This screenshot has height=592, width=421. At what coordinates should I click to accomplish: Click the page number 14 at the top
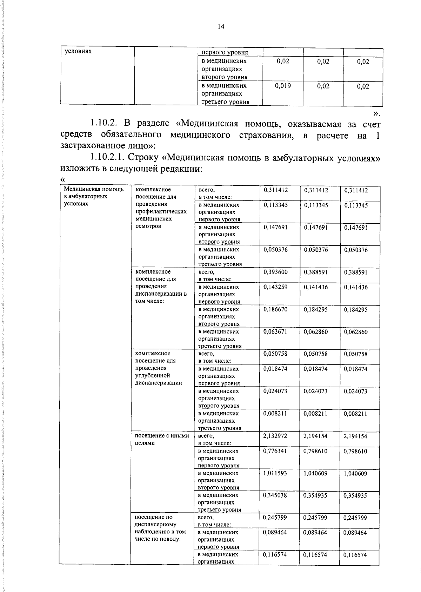221,27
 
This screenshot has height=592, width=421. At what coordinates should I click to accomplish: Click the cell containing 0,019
283,86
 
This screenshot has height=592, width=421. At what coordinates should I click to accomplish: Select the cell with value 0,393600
275,272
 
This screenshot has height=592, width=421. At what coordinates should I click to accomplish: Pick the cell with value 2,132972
275,436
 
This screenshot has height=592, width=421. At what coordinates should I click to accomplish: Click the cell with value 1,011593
275,473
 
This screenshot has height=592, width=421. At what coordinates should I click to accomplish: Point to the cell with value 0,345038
275,495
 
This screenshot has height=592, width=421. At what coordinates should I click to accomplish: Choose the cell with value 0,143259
275,287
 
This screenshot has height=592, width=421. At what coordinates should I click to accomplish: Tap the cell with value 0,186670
275,309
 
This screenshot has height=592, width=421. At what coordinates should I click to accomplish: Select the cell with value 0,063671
275,331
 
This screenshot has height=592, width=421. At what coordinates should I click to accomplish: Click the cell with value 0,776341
275,451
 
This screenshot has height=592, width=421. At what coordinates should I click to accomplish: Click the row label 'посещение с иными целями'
162,439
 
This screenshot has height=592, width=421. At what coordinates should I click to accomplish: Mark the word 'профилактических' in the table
161,211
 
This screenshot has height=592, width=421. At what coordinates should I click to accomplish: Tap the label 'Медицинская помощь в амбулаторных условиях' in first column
93,196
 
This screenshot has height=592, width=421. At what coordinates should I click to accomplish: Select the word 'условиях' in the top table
78,51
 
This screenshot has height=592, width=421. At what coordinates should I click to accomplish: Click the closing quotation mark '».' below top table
376,113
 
